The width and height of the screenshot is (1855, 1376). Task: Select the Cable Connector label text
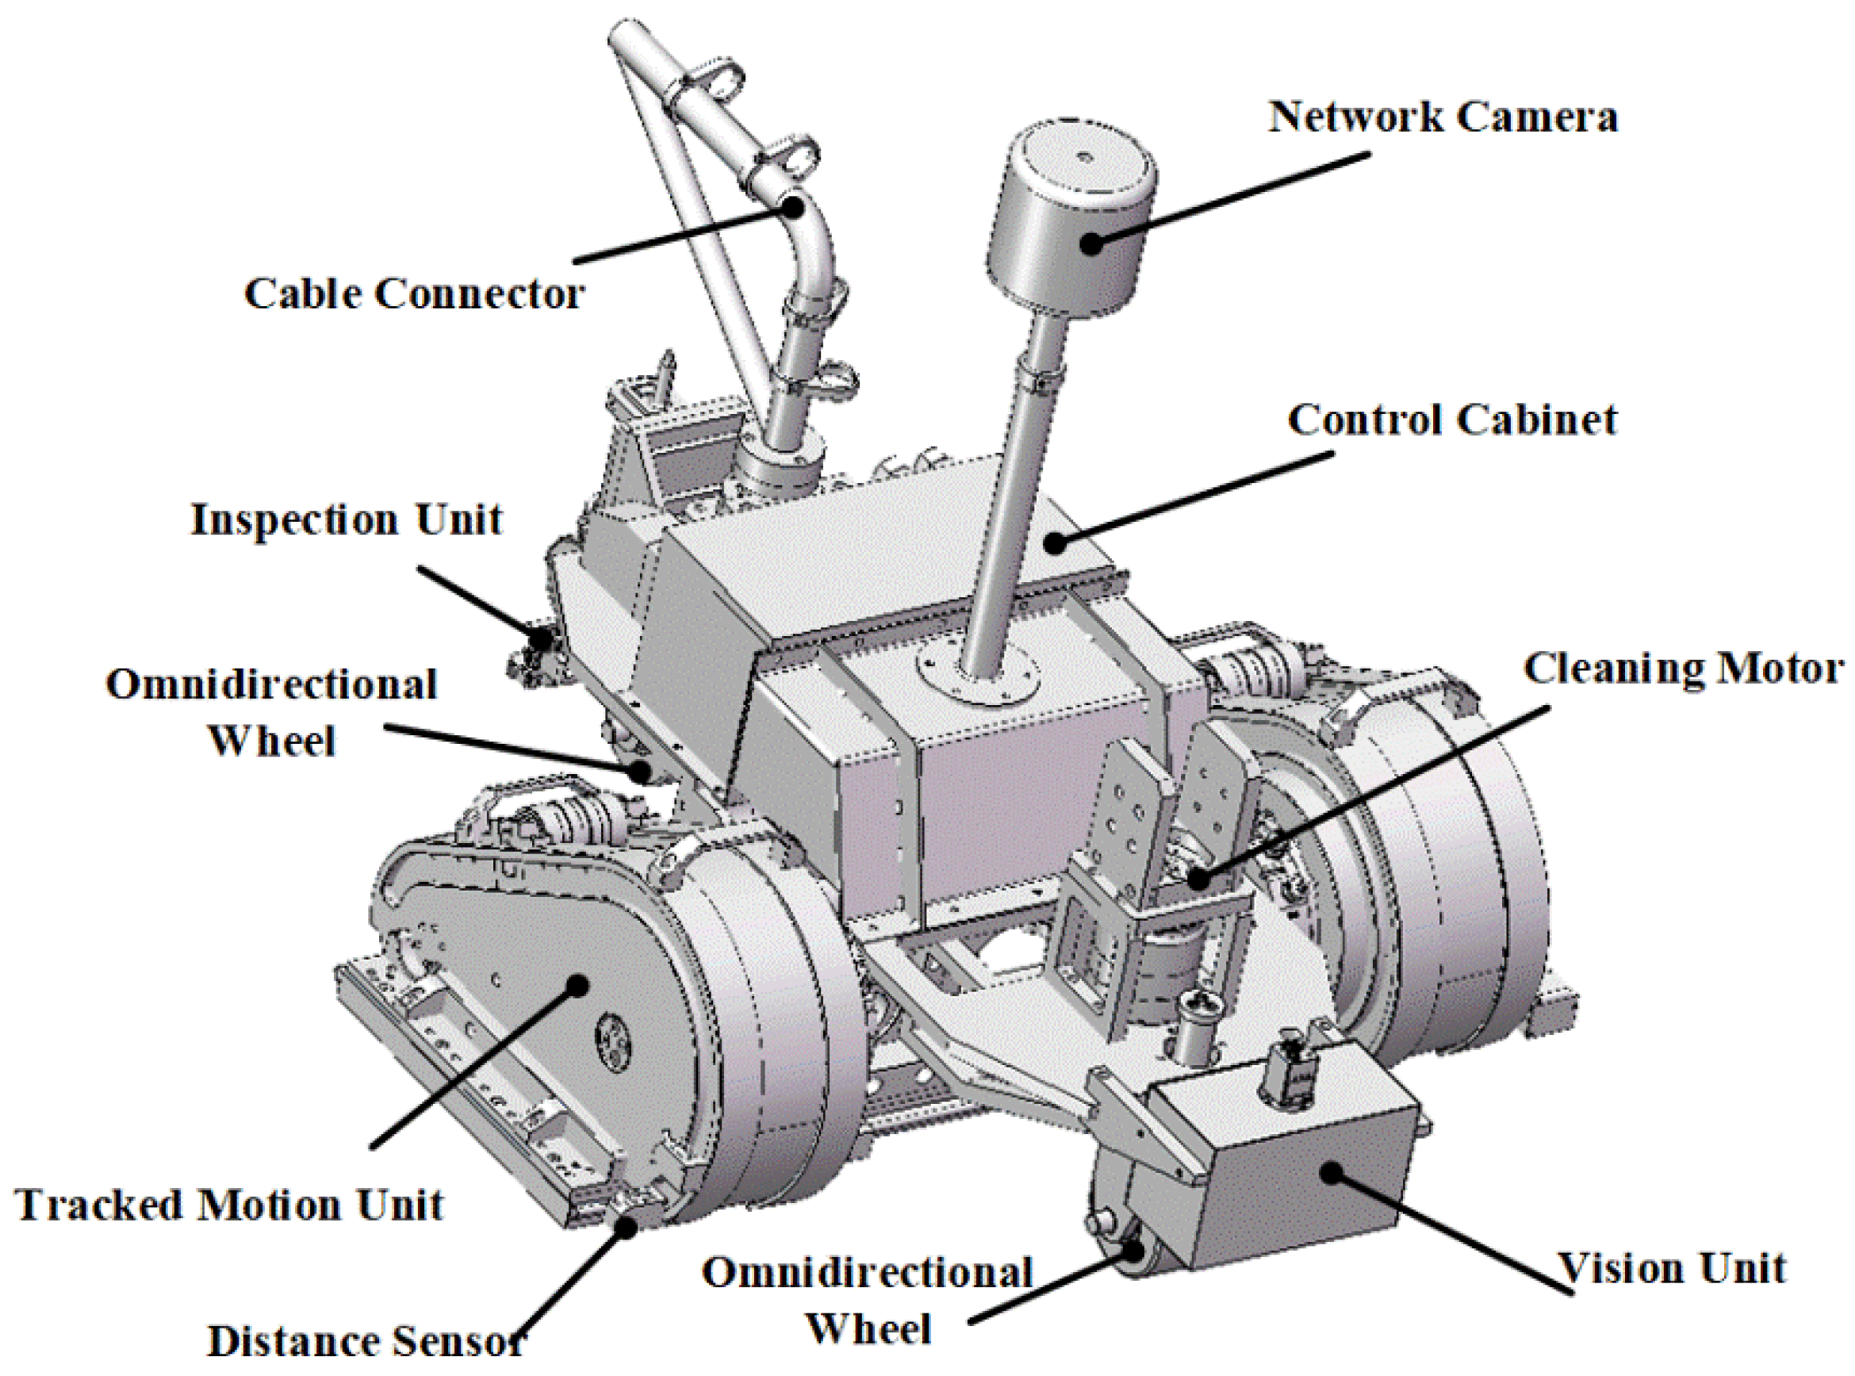click(414, 293)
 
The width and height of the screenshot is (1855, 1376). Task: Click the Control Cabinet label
click(1453, 419)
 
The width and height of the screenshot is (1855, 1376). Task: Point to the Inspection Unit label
click(347, 519)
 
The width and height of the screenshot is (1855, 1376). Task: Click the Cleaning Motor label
click(1683, 669)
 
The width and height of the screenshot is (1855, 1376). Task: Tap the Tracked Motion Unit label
click(230, 1205)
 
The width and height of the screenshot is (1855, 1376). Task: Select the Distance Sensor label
click(365, 1341)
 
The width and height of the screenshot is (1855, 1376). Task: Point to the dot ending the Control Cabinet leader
click(1056, 543)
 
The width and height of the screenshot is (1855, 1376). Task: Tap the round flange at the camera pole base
click(978, 675)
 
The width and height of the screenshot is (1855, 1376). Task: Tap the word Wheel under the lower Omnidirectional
click(868, 1328)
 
